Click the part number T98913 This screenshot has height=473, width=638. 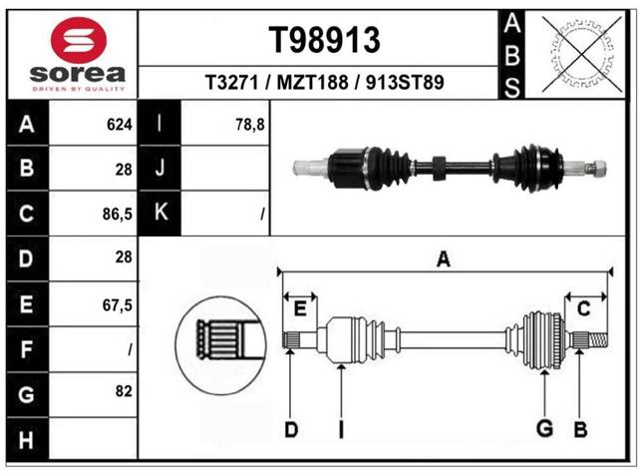[x=324, y=40]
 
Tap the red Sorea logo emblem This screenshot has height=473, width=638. [x=79, y=40]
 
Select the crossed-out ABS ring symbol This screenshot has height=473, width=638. [x=582, y=54]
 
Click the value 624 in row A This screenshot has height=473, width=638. [x=120, y=125]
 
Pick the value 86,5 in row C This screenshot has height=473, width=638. [x=118, y=214]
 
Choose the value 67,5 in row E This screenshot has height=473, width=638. [x=118, y=304]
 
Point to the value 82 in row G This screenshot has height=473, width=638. [x=124, y=391]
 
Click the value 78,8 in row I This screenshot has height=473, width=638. [x=250, y=125]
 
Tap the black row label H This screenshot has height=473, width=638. [x=27, y=439]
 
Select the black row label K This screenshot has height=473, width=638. [x=159, y=213]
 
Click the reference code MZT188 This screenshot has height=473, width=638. [x=312, y=82]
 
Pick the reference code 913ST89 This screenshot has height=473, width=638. [x=405, y=82]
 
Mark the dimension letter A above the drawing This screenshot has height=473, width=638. [x=444, y=259]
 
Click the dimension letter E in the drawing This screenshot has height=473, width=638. [x=300, y=309]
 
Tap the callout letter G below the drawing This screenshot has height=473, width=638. [x=544, y=428]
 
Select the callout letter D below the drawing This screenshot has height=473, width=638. [x=291, y=430]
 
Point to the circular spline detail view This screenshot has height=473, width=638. [x=221, y=345]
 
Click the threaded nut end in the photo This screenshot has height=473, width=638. [x=596, y=168]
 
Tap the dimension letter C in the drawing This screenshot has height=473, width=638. [x=583, y=309]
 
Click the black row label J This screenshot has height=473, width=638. [x=159, y=168]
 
